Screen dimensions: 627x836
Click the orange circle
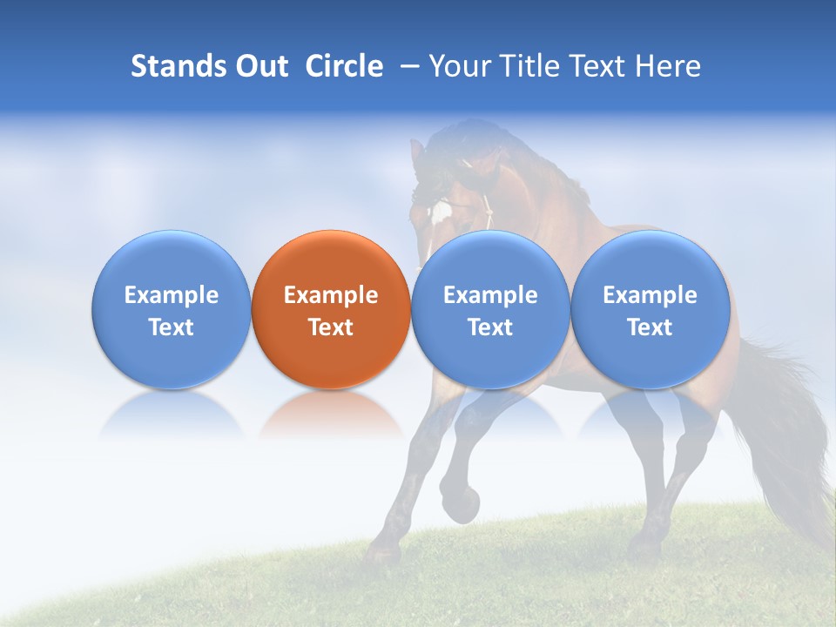331,309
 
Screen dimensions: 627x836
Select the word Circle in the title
344,66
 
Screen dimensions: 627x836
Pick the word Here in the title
666,66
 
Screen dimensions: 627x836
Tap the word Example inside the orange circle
331,295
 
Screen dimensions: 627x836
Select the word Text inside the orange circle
331,327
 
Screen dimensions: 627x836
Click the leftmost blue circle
172,309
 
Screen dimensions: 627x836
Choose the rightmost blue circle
650,309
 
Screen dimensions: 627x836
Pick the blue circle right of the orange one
490,309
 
